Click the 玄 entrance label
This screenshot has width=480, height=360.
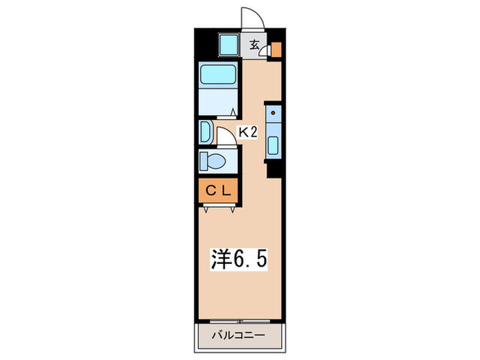254,46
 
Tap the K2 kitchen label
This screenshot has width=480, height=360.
247,132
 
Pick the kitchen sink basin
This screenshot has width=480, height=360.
273,145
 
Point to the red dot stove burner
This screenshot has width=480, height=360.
273,112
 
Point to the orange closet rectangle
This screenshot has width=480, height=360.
217,191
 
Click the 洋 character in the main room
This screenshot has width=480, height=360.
219,259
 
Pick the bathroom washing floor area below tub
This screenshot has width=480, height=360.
217,101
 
